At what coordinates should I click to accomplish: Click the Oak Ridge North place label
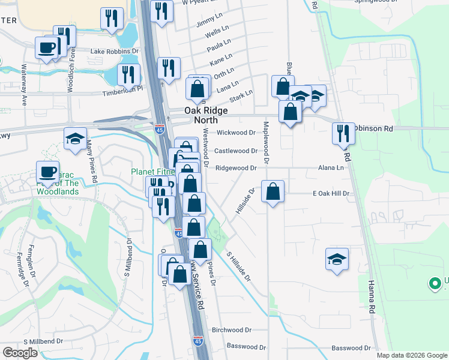coord(200,115)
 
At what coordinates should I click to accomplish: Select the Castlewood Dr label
coord(236,151)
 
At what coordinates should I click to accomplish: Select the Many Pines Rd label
coord(92,161)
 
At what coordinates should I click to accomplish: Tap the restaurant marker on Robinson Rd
coord(343,134)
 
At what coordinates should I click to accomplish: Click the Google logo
coord(20,352)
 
